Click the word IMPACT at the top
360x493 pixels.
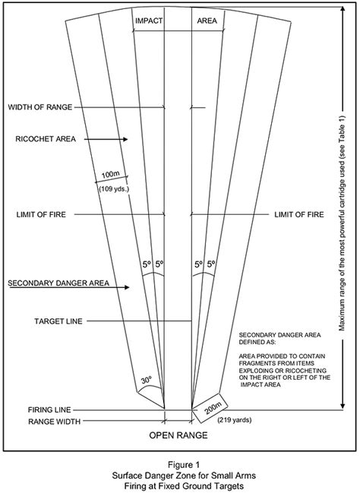pos(149,21)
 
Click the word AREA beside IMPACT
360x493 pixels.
pos(207,21)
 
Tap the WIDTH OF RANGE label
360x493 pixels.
pos(40,107)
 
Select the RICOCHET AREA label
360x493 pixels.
pos(46,139)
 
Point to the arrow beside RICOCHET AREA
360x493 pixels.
pos(106,139)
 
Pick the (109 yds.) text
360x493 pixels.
pos(115,189)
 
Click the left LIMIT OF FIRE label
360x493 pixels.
pos(41,215)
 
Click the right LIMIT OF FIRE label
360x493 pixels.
pos(299,215)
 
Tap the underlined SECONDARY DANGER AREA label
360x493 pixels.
pos(58,283)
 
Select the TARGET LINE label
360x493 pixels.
pos(58,321)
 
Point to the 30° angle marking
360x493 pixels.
pos(146,380)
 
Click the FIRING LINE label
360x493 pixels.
pos(49,410)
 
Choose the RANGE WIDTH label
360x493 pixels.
pos(55,422)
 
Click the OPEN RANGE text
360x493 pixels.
pos(178,435)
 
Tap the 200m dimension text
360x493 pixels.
pos(213,409)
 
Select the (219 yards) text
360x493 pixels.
pos(235,420)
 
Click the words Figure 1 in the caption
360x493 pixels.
pos(184,465)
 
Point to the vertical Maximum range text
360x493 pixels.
pos(342,223)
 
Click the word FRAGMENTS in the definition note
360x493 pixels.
pos(256,363)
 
